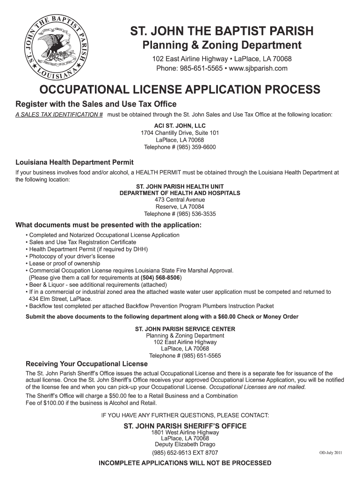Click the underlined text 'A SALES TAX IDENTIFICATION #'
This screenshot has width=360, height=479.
(59, 114)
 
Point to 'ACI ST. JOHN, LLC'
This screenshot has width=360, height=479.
(180, 126)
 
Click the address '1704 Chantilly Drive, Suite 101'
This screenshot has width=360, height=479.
(180, 133)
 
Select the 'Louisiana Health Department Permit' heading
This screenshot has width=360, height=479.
(75, 162)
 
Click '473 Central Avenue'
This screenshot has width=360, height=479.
(180, 200)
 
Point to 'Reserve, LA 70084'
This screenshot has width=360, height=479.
(180, 207)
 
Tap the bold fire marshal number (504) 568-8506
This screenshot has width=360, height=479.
(160, 277)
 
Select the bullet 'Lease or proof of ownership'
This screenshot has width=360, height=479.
(65, 263)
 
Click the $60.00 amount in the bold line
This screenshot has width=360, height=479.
(230, 317)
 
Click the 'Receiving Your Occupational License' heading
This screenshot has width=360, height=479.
(86, 364)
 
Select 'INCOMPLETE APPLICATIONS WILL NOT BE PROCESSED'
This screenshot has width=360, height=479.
(185, 463)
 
